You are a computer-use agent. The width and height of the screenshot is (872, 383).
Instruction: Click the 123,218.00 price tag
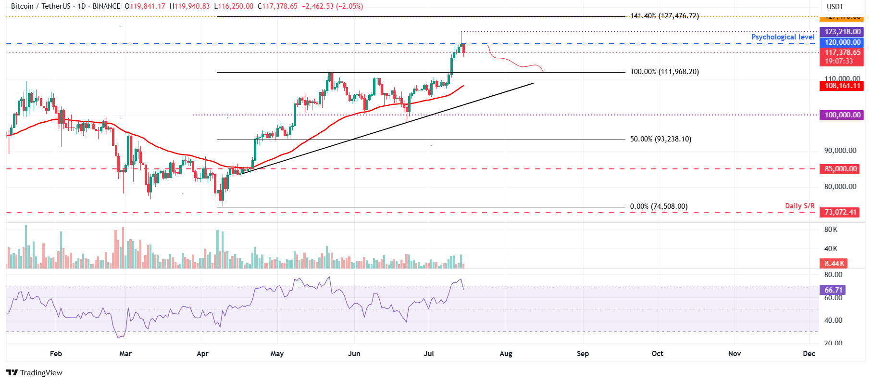click(x=842, y=32)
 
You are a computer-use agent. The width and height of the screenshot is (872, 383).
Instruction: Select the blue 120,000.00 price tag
click(x=842, y=42)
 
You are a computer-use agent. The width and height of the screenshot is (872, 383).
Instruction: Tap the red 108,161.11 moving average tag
click(x=842, y=86)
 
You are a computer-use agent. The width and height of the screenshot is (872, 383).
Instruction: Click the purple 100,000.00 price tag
click(x=842, y=115)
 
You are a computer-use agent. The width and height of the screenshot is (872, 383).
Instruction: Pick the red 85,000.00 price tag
click(x=841, y=169)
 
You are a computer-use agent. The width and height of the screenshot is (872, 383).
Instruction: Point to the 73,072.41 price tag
click(x=840, y=212)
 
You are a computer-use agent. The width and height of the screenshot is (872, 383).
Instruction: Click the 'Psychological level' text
click(x=783, y=37)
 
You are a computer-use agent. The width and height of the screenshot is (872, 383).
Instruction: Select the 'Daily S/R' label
click(x=799, y=206)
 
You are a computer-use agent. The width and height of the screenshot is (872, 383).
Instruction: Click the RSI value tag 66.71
click(x=834, y=290)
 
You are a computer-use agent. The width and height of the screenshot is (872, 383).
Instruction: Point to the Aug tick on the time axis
click(x=506, y=354)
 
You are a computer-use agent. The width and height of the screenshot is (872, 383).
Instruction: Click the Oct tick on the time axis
click(x=657, y=354)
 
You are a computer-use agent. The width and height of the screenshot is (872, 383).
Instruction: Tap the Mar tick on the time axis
click(x=125, y=354)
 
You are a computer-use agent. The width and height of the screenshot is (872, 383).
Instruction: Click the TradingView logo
click(x=35, y=372)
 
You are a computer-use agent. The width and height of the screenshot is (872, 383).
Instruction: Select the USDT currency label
click(x=835, y=7)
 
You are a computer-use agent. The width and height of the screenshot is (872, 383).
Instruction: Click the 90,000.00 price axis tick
click(x=840, y=151)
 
